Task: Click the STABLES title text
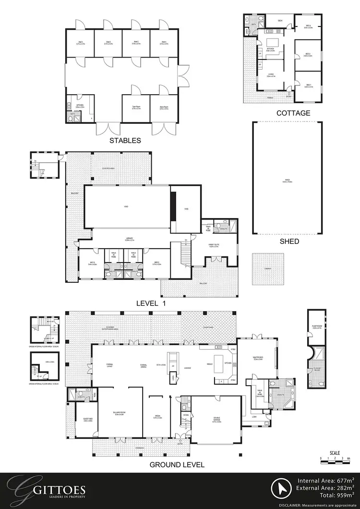[x=125, y=141]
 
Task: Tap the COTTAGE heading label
[x=293, y=113]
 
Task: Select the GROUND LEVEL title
[x=177, y=464]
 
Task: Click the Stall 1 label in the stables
[x=81, y=43]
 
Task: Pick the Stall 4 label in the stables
[x=163, y=43]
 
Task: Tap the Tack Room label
[x=135, y=108]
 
